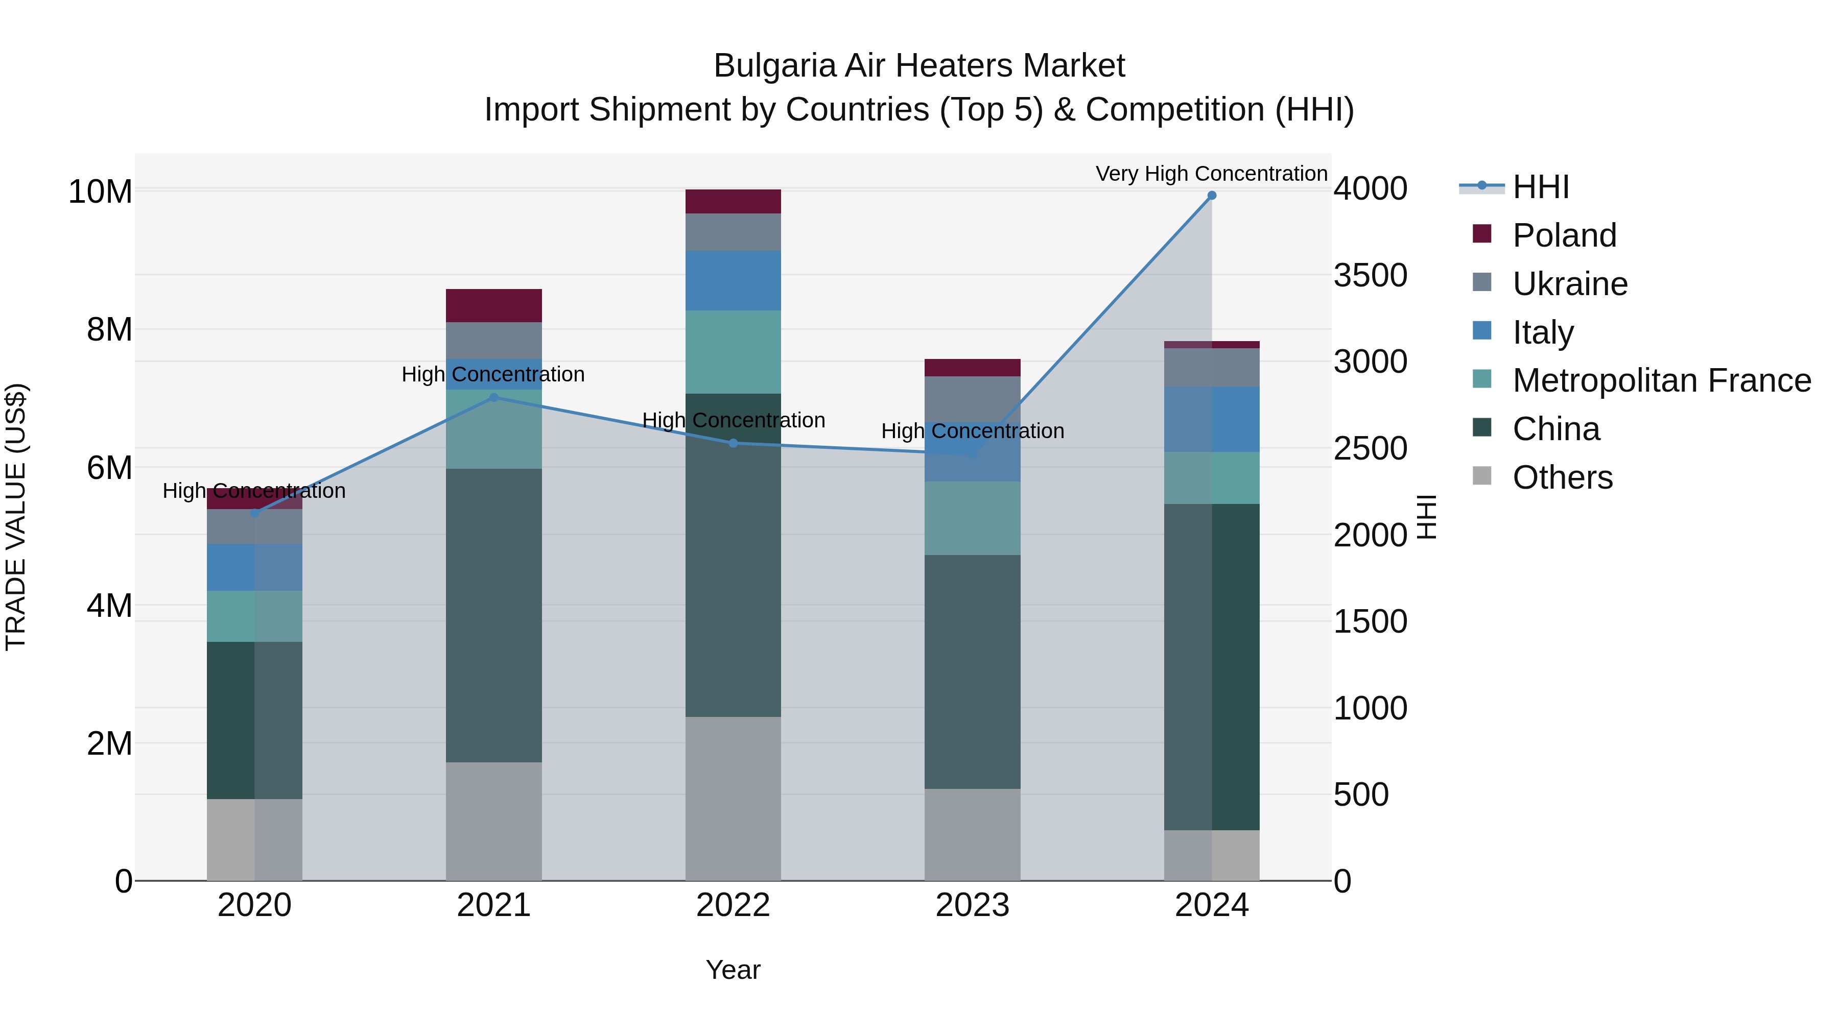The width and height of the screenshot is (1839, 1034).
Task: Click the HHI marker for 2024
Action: click(x=1212, y=196)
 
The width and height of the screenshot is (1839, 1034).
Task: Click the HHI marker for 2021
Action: click(x=494, y=397)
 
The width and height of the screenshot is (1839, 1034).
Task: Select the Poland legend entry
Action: click(x=1564, y=235)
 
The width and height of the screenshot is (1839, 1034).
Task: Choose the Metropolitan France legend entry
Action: click(x=1661, y=380)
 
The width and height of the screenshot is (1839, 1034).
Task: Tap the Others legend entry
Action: click(x=1562, y=477)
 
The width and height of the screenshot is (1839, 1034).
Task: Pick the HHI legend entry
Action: click(x=1541, y=187)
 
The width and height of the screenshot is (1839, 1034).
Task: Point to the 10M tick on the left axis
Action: click(x=100, y=191)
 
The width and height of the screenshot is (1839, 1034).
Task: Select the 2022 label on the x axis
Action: click(x=733, y=905)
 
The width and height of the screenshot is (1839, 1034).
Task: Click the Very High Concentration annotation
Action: click(x=1212, y=174)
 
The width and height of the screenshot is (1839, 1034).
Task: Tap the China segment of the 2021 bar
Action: click(x=494, y=615)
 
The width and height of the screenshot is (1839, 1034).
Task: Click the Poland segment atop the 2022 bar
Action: click(x=733, y=201)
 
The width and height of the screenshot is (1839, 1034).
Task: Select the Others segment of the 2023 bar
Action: click(x=972, y=834)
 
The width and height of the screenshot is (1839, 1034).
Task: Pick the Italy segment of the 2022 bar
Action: click(x=733, y=280)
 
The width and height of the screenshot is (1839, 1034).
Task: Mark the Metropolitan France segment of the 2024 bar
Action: click(x=1212, y=477)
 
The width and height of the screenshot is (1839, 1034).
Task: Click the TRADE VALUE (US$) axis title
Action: click(x=16, y=517)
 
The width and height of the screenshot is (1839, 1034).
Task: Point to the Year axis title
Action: click(x=733, y=970)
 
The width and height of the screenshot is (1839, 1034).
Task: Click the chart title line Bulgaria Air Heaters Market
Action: click(x=919, y=66)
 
